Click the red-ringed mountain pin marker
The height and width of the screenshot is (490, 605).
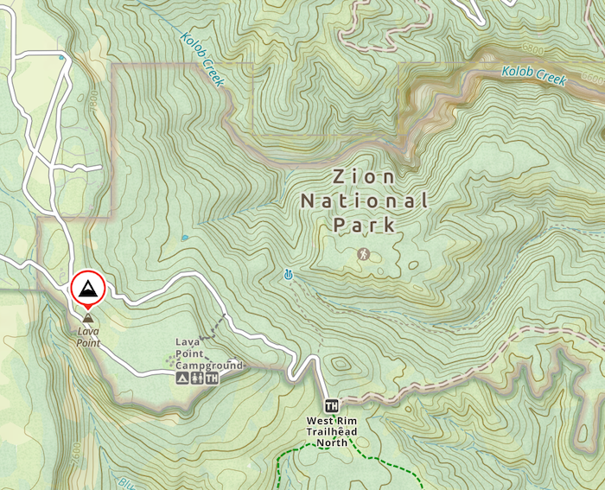pyautogui.click(x=86, y=290)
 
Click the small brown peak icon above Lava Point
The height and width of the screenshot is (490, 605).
pyautogui.click(x=86, y=320)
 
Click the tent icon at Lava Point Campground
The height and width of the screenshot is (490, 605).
pyautogui.click(x=182, y=378)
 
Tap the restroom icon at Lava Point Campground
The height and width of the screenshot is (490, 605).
pyautogui.click(x=197, y=378)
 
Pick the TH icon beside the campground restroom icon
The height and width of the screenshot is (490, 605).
pyautogui.click(x=212, y=378)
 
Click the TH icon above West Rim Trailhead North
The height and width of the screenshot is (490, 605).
pyautogui.click(x=331, y=405)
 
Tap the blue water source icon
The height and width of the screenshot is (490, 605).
pyautogui.click(x=288, y=276)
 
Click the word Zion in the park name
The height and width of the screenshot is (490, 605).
pyautogui.click(x=364, y=177)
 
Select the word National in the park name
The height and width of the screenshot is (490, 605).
pyautogui.click(x=364, y=201)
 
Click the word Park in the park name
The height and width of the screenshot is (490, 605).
pyautogui.click(x=364, y=226)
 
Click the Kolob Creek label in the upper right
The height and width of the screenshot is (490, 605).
pyautogui.click(x=536, y=77)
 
